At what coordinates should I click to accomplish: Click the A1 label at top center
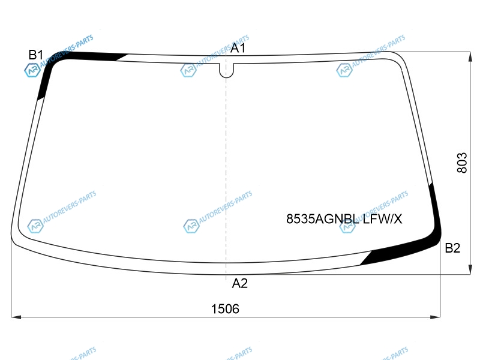238,48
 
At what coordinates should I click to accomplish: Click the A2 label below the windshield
239,283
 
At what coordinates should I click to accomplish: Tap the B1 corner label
36,55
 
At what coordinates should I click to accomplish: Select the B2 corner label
452,248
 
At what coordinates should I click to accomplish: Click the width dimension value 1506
225,309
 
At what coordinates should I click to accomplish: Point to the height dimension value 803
462,163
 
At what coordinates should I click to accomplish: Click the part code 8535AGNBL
322,219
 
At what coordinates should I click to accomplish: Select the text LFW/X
382,219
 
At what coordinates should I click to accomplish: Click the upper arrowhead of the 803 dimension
470,56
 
